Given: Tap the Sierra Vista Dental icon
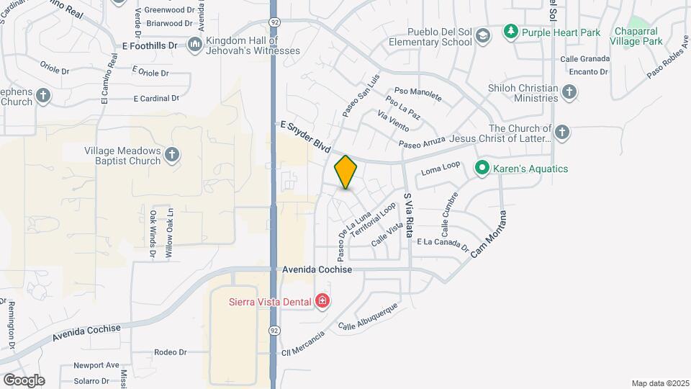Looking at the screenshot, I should click(322, 301).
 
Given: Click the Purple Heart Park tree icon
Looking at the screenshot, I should click(511, 31).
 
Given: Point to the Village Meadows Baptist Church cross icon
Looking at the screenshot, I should click(171, 154).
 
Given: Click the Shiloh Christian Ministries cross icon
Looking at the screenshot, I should click(569, 92).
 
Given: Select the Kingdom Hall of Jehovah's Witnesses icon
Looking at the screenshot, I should click(194, 45).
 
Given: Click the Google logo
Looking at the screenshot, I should click(23, 380).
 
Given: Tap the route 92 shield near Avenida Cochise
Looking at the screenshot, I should click(274, 329).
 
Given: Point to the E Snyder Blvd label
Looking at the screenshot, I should click(304, 137).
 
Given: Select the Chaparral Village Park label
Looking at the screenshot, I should click(637, 36).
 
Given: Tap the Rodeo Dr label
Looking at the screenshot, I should click(171, 352).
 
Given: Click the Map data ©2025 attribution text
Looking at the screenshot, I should click(659, 383).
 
